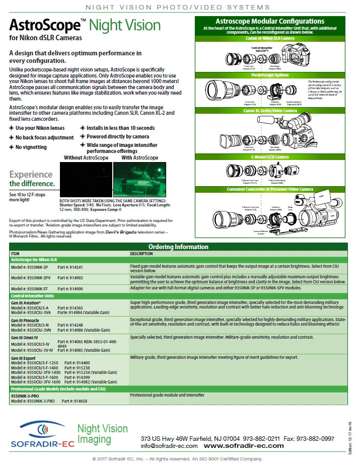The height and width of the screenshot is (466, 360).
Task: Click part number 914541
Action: click(x=70, y=267)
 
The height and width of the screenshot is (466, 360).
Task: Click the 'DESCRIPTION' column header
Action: click(x=142, y=254)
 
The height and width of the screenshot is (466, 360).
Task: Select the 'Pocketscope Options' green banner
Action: click(x=269, y=74)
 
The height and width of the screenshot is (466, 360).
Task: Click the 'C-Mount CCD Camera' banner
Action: click(x=269, y=157)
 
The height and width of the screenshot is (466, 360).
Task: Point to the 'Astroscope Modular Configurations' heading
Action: click(x=269, y=21)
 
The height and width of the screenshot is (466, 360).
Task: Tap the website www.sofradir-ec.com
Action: click(x=244, y=446)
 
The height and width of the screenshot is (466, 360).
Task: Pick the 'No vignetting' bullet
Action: click(x=31, y=147)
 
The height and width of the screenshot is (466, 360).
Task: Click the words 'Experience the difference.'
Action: click(x=31, y=179)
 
